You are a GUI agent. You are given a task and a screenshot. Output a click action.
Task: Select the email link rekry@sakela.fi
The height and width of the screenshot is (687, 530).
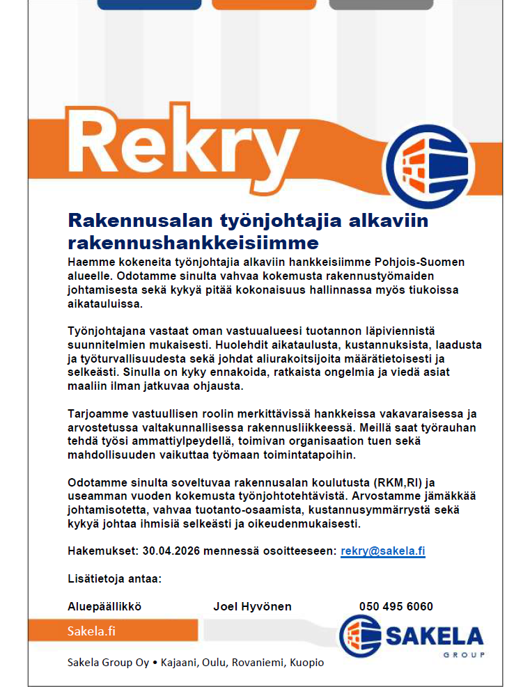click(x=383, y=551)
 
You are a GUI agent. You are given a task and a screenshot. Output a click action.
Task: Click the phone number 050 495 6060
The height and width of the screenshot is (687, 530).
click(x=396, y=606)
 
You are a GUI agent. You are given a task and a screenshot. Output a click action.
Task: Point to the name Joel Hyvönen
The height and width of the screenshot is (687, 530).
click(x=252, y=606)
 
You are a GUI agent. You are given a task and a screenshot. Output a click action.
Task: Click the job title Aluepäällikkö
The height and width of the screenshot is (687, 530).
click(x=104, y=606)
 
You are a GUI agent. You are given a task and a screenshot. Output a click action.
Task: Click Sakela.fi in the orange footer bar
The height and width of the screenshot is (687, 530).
click(x=91, y=632)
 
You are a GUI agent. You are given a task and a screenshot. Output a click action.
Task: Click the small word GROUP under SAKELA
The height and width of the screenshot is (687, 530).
click(x=464, y=655)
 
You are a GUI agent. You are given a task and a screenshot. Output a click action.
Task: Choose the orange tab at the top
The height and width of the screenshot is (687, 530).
click(x=263, y=5)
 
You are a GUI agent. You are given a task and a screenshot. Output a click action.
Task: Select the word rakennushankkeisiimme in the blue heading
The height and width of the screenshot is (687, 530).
click(x=193, y=242)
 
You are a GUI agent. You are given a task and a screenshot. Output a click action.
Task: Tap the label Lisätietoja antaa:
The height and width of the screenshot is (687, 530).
click(x=114, y=578)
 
